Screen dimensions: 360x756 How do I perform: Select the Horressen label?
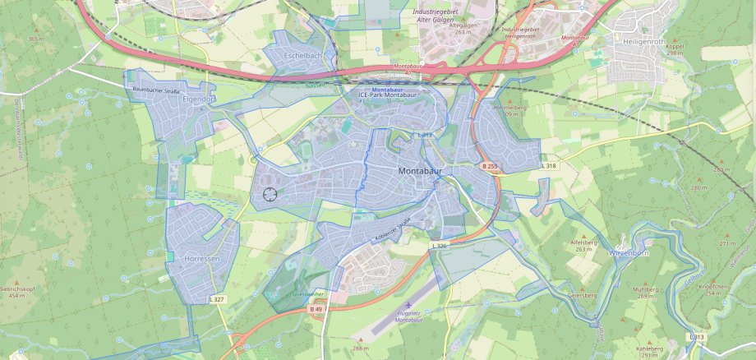click(x=202, y=258)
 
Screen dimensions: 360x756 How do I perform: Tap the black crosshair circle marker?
click(x=270, y=194)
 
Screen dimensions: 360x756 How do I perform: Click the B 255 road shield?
click(x=490, y=166)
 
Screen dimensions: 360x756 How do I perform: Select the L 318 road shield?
click(x=549, y=166)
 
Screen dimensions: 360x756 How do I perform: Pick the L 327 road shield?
click(x=217, y=300)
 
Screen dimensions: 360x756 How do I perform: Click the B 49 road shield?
click(x=317, y=309)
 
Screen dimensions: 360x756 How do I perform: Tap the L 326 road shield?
click(x=440, y=246)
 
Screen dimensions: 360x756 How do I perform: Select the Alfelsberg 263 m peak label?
click(x=583, y=245)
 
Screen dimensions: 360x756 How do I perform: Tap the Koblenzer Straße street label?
click(x=392, y=224)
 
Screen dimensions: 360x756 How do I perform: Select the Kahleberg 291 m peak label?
click(x=647, y=350)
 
